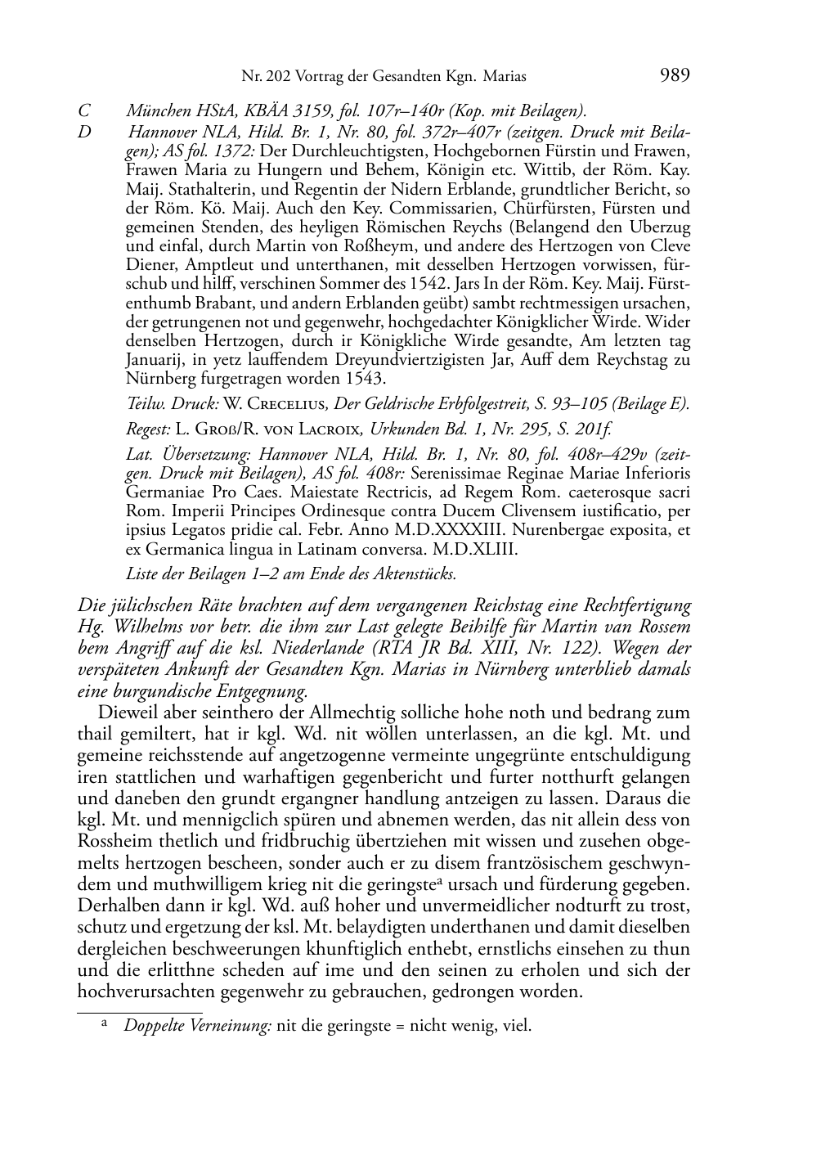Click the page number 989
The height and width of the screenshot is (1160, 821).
pos(674,76)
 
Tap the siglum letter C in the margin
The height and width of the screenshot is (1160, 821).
pos(83,111)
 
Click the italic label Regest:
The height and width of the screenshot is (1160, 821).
pos(149,429)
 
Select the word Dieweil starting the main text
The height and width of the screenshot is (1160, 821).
pos(126,713)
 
